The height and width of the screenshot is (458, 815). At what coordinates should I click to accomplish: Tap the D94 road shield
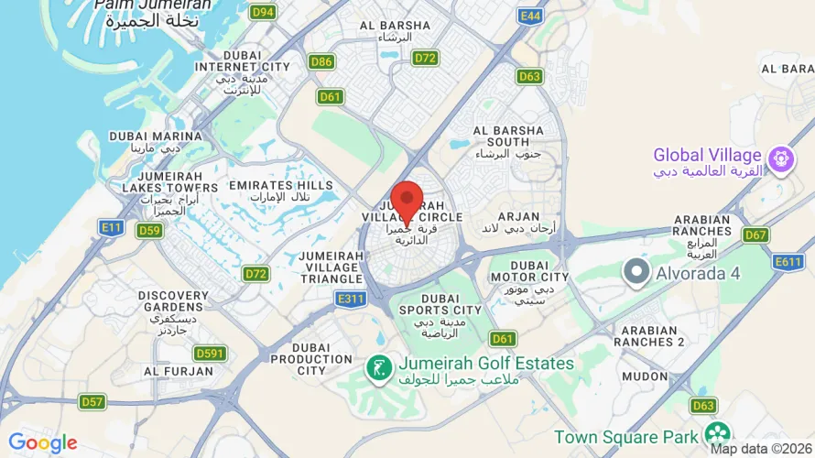coord(263,12)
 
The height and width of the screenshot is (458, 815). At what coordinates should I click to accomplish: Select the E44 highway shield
coord(530,16)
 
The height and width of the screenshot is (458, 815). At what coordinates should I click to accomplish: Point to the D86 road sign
coord(321,62)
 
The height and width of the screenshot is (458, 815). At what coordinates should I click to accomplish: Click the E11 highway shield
coord(112,227)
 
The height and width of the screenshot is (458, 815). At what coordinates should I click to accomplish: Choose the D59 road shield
coord(149,230)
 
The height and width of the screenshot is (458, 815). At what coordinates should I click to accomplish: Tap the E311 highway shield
coord(351,299)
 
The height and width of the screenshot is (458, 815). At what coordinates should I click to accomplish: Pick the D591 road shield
coord(211,354)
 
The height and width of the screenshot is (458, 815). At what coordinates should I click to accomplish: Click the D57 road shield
coord(92,401)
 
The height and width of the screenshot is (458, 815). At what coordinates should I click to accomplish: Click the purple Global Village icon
coord(780,159)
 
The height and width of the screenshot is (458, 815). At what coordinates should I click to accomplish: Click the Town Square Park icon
coord(718,434)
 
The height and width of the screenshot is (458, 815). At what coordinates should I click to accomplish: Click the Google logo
coord(43,443)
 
